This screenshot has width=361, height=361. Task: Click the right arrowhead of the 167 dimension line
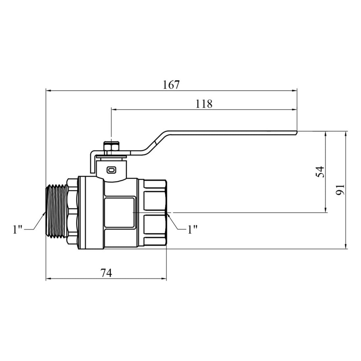pos(295,91)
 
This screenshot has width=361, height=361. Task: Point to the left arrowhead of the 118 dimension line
pos(114,110)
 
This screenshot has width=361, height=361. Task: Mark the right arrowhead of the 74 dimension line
pos(164,279)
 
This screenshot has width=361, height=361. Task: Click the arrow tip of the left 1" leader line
pos(45,213)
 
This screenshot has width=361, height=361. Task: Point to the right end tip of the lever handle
pos(297,132)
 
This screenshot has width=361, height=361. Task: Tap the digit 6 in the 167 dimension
pos(171,85)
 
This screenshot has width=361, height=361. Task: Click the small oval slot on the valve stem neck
pos(111,170)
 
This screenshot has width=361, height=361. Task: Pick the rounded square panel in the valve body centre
pos(119,212)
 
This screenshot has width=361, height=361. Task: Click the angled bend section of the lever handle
pos(156,142)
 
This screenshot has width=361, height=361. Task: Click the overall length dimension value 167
pos(171,85)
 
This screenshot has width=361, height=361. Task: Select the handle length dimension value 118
pos(204,104)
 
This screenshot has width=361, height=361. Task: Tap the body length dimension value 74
pos(106,273)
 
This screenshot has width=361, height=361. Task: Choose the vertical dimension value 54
pos(320,172)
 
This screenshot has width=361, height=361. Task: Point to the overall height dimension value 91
pos(340,190)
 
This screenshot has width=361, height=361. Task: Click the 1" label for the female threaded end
pos(192,229)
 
